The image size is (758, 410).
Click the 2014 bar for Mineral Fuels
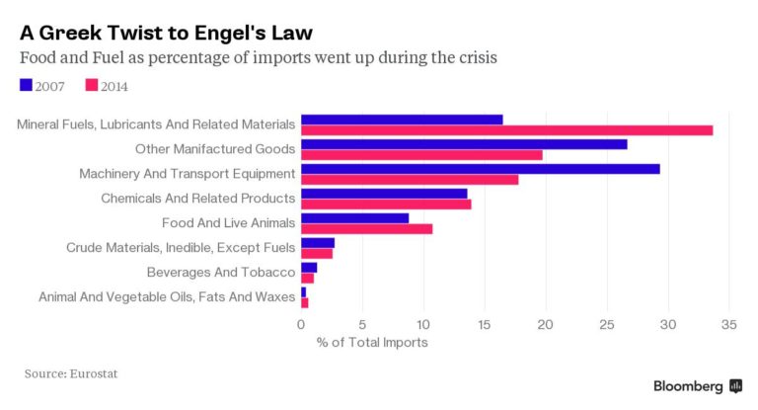[506, 130]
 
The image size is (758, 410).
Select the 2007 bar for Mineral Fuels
[402, 120]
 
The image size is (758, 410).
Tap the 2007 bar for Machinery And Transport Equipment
[480, 169]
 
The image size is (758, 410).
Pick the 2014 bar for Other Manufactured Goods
[421, 155]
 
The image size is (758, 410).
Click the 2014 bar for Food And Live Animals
[366, 229]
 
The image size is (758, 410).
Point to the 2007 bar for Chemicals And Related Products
[384, 194]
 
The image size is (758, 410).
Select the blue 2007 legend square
[26, 86]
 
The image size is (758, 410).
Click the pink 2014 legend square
[92, 86]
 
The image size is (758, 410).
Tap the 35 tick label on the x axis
[730, 324]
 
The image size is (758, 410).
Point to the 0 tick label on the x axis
[301, 324]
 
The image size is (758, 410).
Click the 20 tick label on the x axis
[546, 324]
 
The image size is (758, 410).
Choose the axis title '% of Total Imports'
[372, 343]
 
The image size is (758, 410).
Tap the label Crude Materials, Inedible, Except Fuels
[180, 248]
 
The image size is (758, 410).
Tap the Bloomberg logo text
[687, 386]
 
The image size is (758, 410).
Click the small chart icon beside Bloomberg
[735, 385]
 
